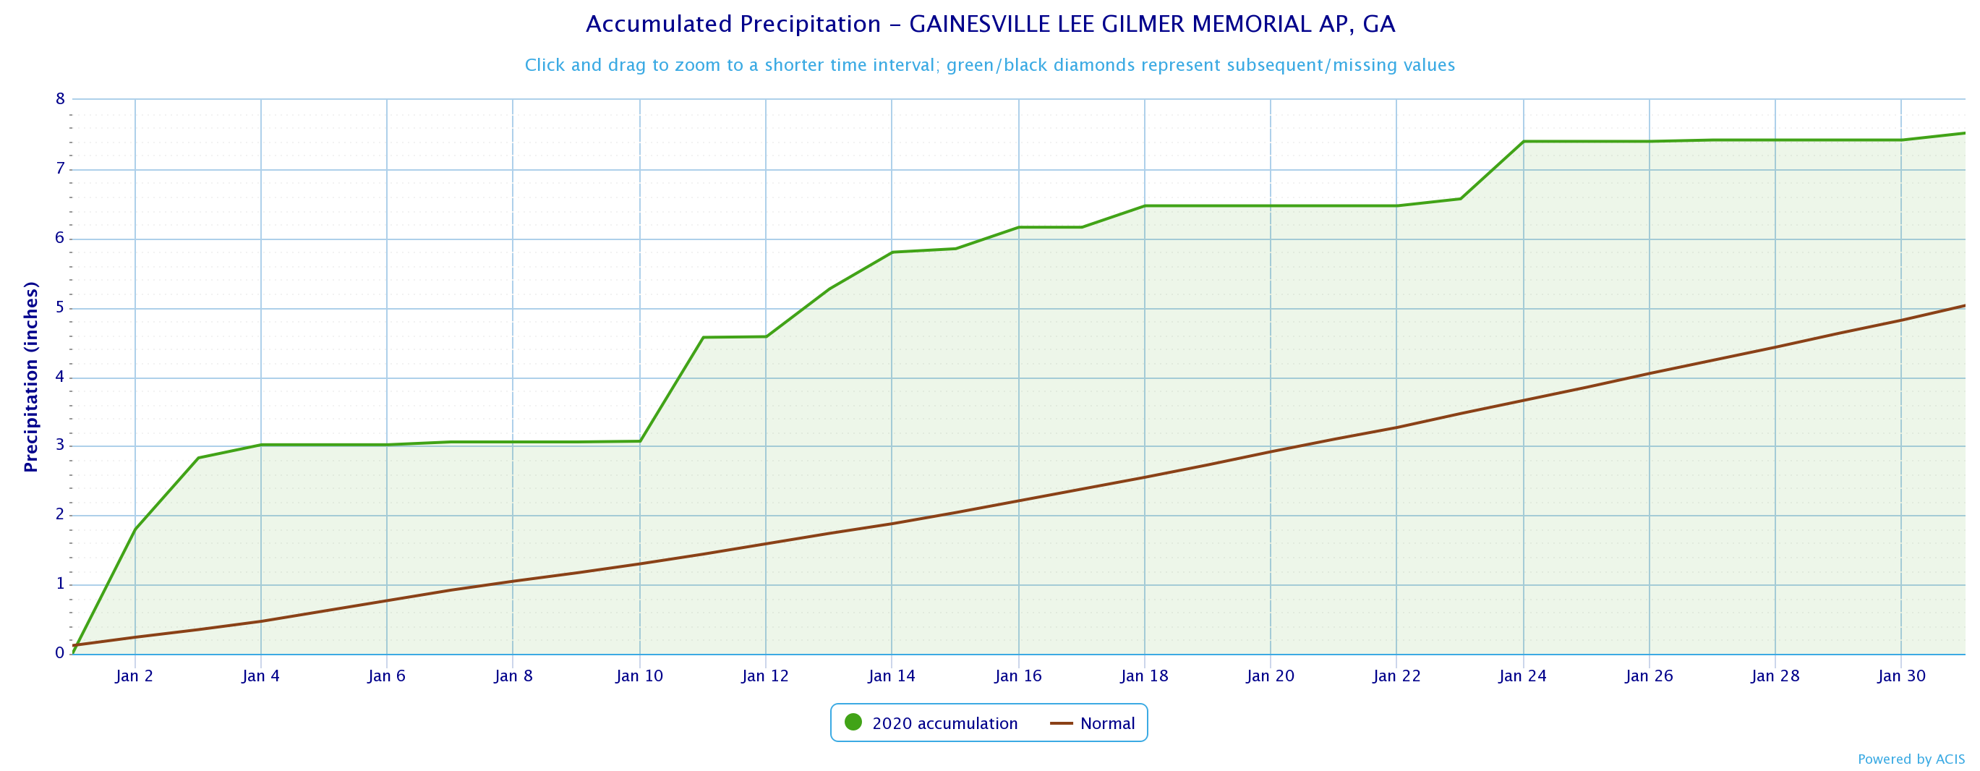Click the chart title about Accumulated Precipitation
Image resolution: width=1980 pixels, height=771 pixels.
(989, 25)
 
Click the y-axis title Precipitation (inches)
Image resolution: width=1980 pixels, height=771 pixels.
(31, 377)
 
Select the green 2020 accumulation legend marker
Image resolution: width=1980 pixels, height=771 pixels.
(853, 723)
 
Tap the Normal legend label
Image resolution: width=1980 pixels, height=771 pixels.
(1107, 723)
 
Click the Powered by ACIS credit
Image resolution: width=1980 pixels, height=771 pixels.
(1911, 759)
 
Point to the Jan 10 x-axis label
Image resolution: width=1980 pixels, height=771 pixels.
(639, 676)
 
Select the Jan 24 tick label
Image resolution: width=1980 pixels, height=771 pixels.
(1523, 676)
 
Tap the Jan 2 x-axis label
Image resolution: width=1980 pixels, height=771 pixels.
(135, 676)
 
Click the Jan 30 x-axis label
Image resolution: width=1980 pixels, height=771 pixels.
(1901, 676)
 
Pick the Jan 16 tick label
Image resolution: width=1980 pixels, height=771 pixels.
(1017, 676)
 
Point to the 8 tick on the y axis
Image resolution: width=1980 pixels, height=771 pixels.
(60, 98)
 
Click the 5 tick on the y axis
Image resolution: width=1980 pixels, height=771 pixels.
(60, 308)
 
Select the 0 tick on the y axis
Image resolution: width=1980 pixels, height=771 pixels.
(60, 653)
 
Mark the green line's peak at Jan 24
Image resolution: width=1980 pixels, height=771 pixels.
(1524, 142)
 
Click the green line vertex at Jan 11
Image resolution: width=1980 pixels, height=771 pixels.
(704, 338)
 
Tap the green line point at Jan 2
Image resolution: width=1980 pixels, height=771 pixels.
(135, 529)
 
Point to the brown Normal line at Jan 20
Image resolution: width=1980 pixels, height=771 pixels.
(1271, 451)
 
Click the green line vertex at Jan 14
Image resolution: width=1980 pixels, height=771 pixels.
(892, 252)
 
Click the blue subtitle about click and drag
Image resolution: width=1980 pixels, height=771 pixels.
(989, 65)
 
